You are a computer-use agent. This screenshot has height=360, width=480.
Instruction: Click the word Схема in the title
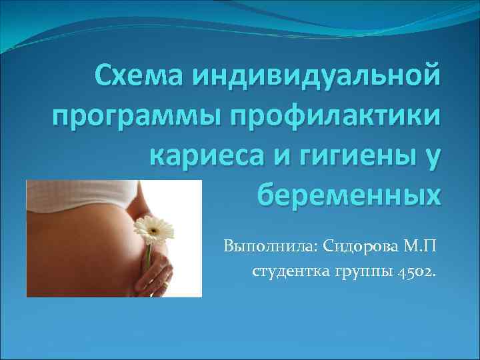point(137,78)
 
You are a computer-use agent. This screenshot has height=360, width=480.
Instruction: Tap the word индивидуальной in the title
point(317,78)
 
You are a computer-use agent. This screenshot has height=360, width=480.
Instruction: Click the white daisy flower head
point(153,231)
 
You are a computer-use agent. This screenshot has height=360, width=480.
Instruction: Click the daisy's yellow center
point(153,229)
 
